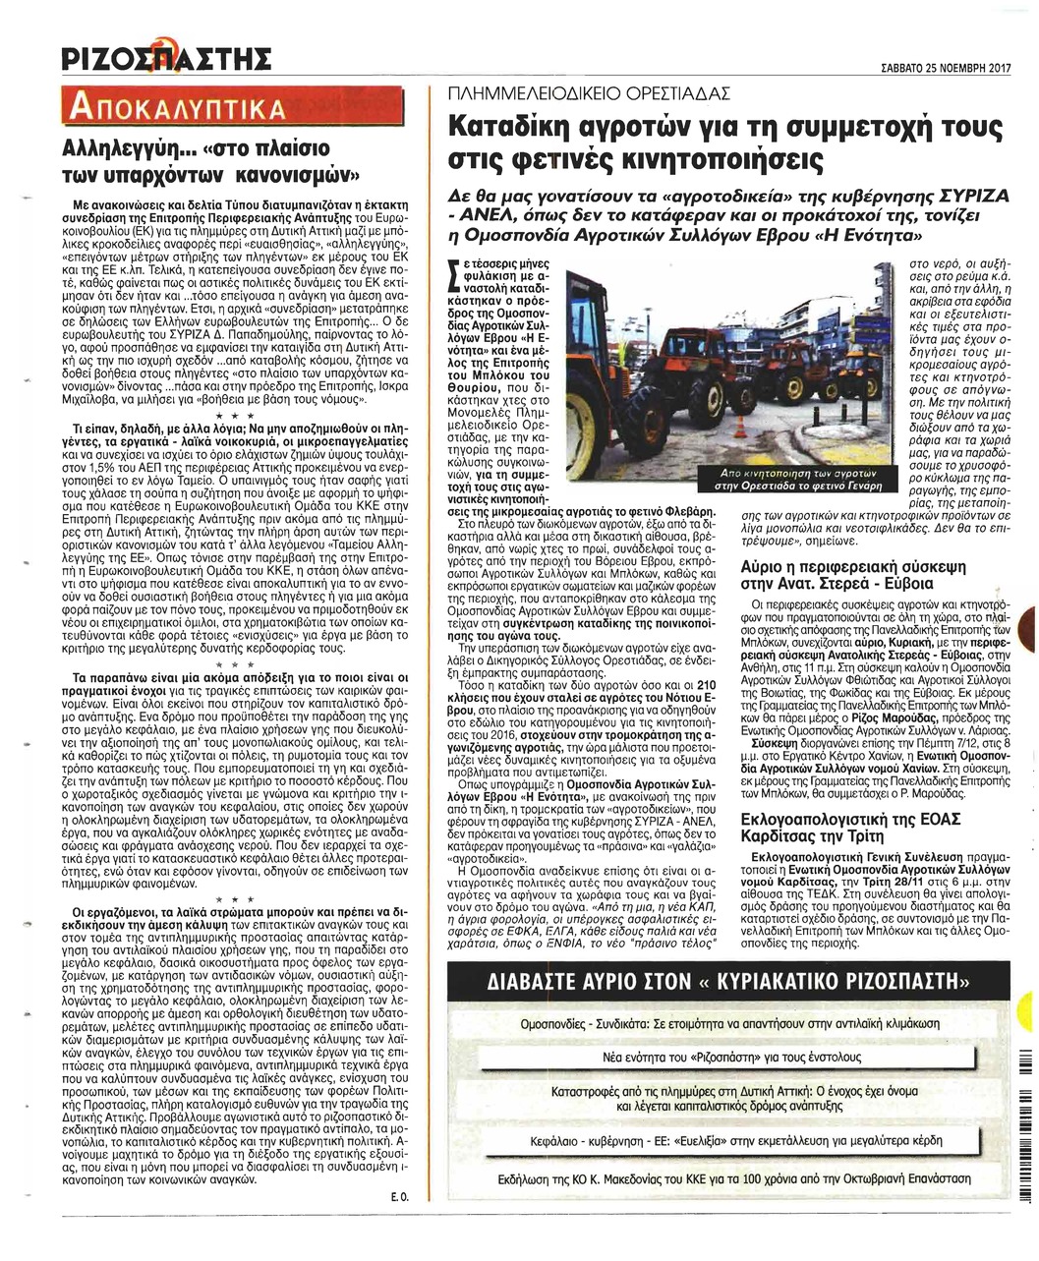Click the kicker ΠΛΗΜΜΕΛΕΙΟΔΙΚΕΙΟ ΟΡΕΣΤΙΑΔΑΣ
(x=589, y=94)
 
